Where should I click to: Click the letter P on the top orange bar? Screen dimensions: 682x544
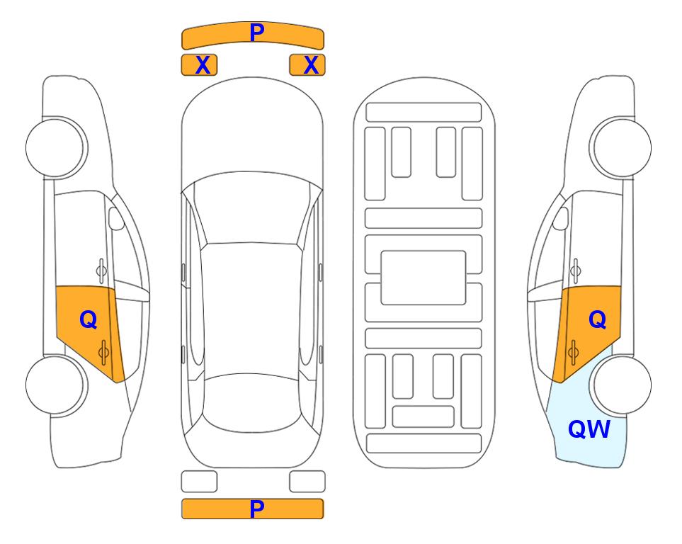256,33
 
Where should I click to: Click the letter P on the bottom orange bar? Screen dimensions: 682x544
256,509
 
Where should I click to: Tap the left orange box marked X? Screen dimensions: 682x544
199,65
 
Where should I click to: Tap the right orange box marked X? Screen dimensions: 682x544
307,65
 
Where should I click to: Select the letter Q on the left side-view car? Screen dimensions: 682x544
89,320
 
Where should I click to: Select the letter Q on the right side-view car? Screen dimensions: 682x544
598,320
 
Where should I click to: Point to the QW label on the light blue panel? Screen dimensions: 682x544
589,429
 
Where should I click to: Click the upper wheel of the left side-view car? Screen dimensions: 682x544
57,147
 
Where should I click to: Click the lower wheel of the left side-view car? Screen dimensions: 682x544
57,385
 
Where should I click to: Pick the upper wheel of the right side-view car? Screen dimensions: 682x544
620,147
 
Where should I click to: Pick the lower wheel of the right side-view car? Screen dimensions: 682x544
620,385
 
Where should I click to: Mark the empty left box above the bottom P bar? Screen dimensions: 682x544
199,482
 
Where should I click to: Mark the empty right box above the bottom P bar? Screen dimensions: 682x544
307,482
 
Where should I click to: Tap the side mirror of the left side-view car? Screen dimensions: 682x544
116,218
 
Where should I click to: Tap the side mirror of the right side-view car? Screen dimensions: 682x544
561,218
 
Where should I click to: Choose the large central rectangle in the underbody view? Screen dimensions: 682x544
424,278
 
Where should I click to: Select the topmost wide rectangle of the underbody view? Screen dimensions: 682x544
424,113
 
